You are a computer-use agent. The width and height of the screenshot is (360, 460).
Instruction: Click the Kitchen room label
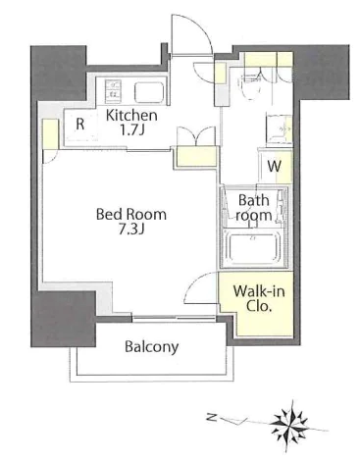[x=132, y=116]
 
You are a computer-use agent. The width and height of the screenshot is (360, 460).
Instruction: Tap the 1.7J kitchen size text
[x=132, y=130]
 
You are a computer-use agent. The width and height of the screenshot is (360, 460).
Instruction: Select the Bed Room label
[x=131, y=215]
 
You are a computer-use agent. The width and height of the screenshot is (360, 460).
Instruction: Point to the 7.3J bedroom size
[x=131, y=230]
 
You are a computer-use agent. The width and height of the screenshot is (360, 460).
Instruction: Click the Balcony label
[x=152, y=347]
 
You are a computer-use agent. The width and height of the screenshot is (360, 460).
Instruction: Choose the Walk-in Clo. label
[x=259, y=298]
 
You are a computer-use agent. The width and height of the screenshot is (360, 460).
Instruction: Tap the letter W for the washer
[x=274, y=167]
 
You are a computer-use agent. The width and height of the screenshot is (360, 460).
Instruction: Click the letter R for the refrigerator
[x=80, y=125]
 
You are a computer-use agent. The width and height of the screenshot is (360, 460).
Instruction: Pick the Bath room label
[x=255, y=208]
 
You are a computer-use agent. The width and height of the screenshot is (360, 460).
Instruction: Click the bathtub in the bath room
[x=253, y=247]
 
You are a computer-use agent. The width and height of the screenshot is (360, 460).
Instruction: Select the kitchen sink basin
[x=149, y=91]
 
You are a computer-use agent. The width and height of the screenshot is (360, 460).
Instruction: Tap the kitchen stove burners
[x=112, y=89]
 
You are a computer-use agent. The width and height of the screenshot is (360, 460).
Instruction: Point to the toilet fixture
[x=249, y=85]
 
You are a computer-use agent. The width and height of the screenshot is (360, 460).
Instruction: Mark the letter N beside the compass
[x=212, y=417]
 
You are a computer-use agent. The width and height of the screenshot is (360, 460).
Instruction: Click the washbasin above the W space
[x=279, y=129]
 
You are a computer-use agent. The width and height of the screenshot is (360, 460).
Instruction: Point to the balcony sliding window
[x=174, y=317]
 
